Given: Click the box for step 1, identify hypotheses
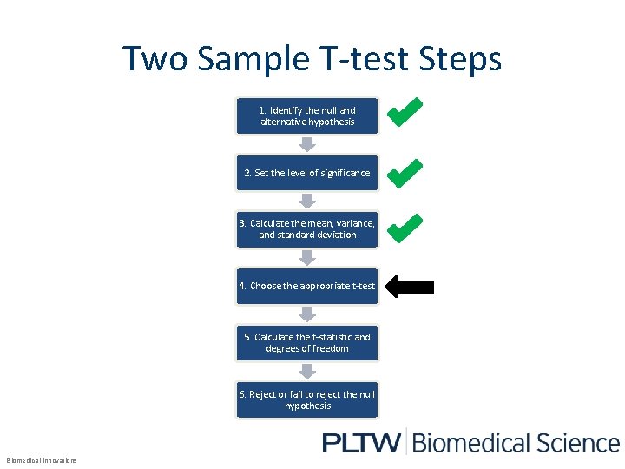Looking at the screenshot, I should [307, 116].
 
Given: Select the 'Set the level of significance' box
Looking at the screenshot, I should [307, 173].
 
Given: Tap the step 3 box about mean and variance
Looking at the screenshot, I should [307, 228].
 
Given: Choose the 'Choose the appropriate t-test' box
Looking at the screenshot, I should [307, 286].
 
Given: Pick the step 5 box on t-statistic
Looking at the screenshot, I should [307, 342].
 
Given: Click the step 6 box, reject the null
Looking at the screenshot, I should [307, 400].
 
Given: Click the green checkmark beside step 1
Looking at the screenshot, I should [405, 112].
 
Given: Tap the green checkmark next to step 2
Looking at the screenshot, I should [405, 173].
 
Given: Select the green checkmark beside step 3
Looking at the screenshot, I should [405, 228].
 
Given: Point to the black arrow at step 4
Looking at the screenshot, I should [409, 287].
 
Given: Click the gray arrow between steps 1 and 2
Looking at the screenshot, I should [306, 143].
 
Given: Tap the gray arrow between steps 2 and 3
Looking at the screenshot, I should [306, 200].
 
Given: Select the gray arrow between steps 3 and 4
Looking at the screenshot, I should [306, 257].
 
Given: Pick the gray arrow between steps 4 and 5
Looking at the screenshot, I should [306, 314].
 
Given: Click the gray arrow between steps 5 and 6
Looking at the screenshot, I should [306, 371].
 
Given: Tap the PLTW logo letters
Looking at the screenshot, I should [361, 443].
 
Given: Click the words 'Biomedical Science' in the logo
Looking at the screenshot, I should [516, 443].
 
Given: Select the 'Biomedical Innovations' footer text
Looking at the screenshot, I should [42, 460].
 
